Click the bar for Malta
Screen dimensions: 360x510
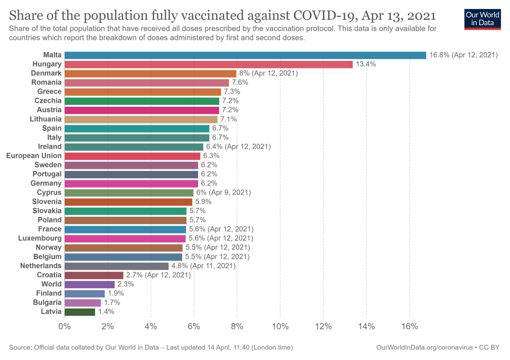245,55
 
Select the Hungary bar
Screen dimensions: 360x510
208,64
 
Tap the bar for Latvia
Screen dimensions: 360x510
80,312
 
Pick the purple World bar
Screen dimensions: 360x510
90,284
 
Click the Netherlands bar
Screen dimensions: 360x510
116,266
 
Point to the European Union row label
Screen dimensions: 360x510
34,156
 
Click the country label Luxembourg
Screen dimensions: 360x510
40,238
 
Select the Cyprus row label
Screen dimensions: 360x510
49,193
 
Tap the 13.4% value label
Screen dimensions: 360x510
366,64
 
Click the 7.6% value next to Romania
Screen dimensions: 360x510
240,83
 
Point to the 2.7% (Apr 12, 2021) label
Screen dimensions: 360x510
158,275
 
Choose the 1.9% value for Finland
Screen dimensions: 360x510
116,293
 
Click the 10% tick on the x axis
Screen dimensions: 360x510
280,327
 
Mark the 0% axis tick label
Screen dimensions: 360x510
65,327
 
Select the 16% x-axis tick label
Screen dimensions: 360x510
410,327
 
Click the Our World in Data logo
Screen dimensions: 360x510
482,19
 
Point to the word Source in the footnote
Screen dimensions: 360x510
19,348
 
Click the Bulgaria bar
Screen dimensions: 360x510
83,303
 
